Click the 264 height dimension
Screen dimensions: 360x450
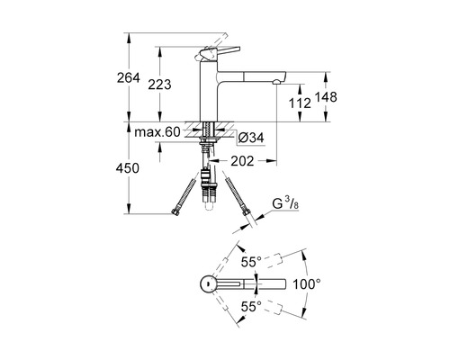[129, 78]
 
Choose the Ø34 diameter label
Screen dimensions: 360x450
[249, 138]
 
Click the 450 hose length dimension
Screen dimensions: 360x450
[129, 167]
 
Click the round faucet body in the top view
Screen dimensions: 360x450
[205, 283]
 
